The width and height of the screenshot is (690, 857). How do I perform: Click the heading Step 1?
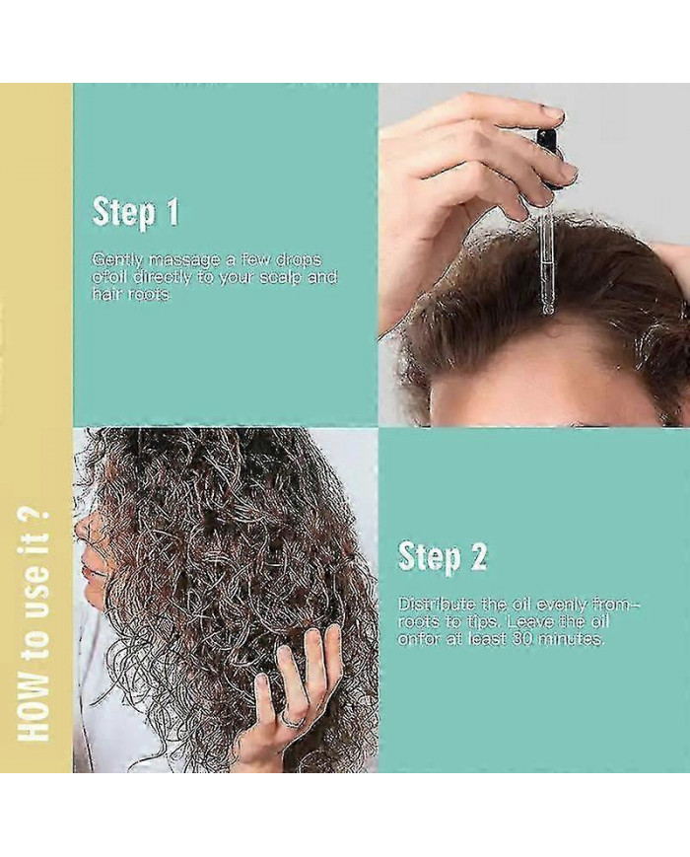136,212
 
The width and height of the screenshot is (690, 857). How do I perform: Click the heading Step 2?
442,557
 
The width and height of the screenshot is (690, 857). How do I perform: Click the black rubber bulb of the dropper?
548,144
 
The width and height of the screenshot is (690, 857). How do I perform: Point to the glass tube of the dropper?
546,264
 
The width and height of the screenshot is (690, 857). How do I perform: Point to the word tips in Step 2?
481,622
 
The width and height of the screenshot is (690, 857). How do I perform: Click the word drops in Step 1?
299,259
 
